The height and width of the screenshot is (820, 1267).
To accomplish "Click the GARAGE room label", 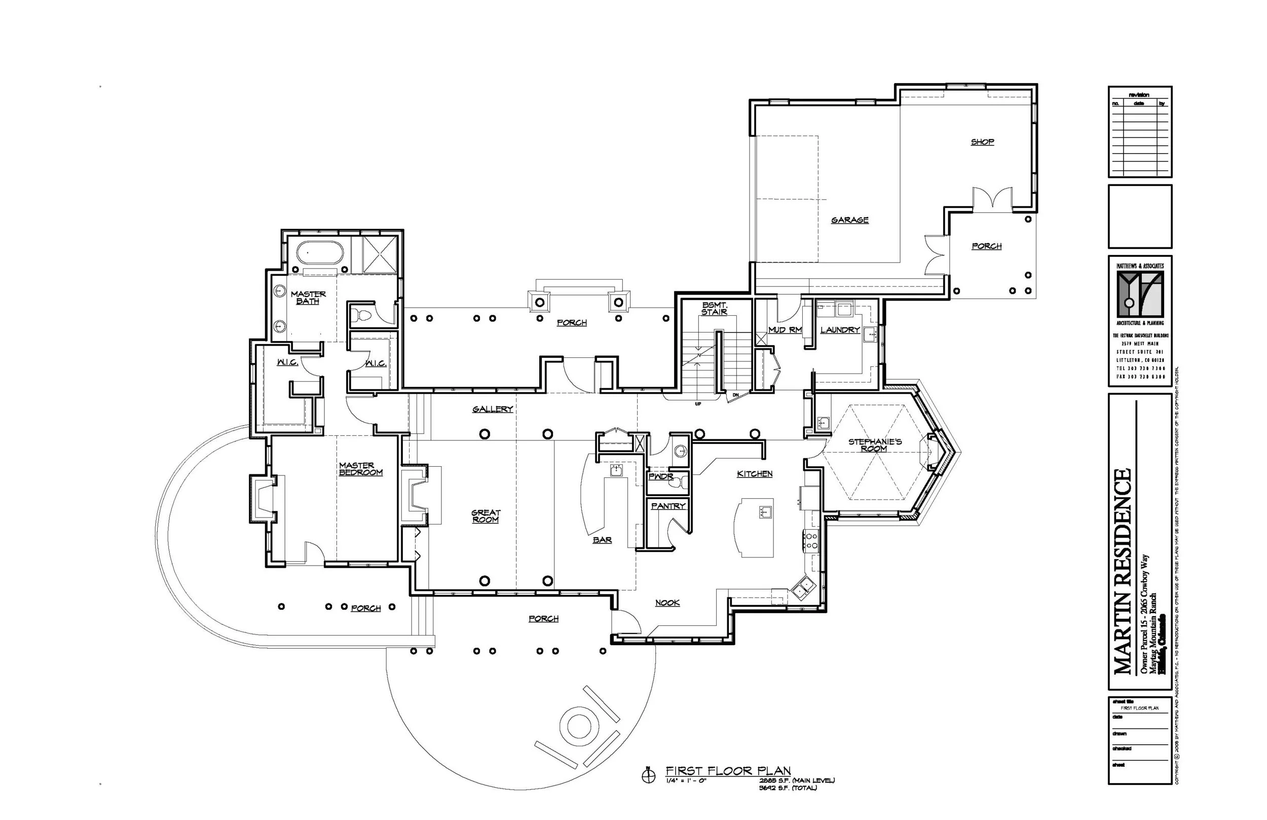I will coord(849,220).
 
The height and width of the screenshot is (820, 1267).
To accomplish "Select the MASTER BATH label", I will coord(308,297).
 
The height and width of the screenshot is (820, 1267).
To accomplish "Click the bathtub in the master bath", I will coord(320,253).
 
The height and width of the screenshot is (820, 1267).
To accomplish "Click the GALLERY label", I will coord(493,409).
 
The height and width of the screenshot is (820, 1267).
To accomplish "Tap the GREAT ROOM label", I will coord(486,516).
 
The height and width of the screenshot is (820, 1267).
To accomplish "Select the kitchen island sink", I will coord(765,513).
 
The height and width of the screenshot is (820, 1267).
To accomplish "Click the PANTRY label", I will coord(668,506).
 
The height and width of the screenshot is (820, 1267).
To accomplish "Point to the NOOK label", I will coord(667,603).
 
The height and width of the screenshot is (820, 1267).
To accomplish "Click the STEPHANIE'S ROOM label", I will coord(875,445).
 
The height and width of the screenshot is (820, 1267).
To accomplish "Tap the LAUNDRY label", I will coord(840,330).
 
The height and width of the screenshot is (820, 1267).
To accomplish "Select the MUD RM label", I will coord(785,330).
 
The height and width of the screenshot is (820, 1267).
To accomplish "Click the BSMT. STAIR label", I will coord(714,308).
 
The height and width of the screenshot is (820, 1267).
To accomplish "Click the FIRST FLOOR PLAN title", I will coord(728,771).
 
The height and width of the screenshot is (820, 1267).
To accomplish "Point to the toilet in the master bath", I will coord(363,315).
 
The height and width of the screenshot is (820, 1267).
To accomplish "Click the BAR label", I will coord(602,540).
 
